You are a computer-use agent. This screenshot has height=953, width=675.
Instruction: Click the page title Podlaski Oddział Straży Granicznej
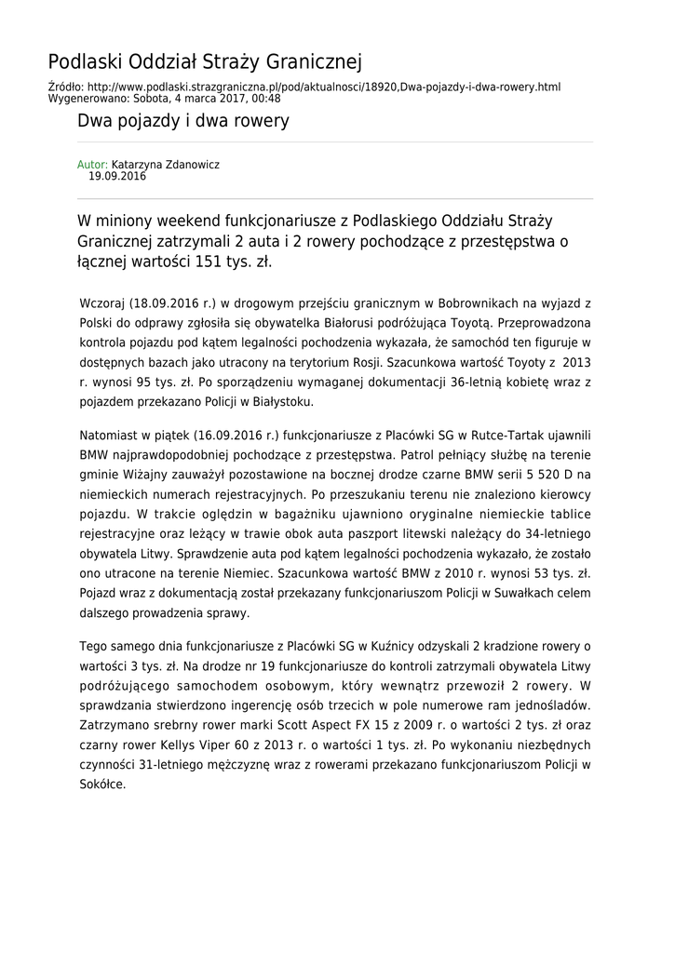[205, 62]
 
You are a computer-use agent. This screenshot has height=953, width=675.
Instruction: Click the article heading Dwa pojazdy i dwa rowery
[183, 121]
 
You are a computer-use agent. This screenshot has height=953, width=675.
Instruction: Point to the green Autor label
[92, 165]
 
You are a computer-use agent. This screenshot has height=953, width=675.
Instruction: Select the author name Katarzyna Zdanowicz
[166, 165]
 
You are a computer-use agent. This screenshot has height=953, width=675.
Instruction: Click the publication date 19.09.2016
[117, 176]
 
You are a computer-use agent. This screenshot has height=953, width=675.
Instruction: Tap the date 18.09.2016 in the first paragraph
[161, 304]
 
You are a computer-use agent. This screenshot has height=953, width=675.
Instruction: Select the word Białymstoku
[279, 402]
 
